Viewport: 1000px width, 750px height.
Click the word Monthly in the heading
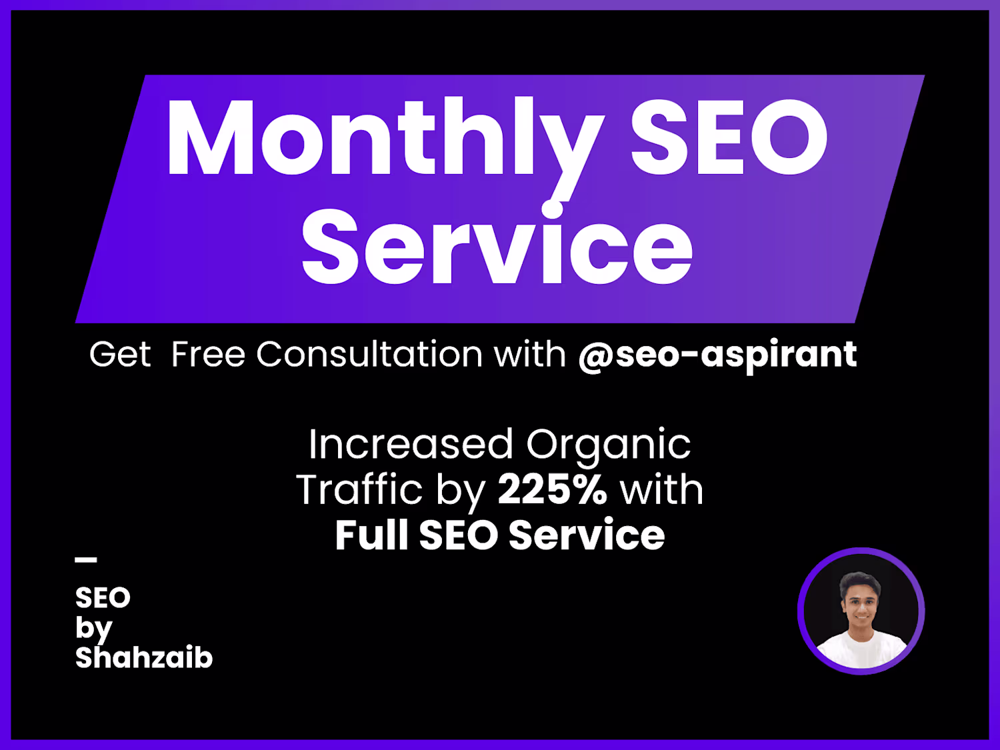[385, 147]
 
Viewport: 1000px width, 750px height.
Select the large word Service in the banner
[497, 243]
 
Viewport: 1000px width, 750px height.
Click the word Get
[120, 354]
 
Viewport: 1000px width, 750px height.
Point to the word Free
[208, 354]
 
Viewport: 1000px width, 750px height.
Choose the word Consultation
[369, 354]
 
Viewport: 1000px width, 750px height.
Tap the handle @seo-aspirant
[717, 355]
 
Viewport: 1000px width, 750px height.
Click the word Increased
[411, 443]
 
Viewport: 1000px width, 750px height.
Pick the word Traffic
[359, 489]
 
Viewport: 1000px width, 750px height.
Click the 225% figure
[552, 490]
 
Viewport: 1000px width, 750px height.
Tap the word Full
[371, 535]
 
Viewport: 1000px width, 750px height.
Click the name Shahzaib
[144, 657]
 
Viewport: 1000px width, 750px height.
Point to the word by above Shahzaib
[94, 629]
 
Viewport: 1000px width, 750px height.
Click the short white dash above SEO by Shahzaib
[85, 560]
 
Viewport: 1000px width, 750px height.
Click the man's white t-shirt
[861, 649]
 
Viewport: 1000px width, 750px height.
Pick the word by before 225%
[461, 492]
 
